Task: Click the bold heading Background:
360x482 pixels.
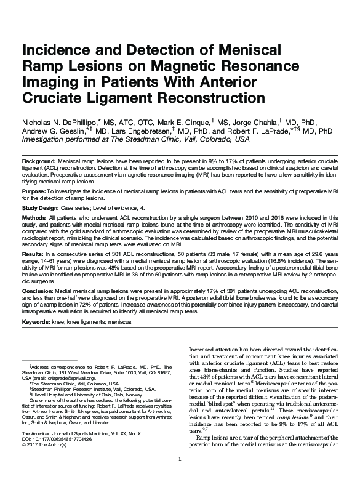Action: (39, 160)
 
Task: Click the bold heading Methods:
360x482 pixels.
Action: (36, 219)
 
